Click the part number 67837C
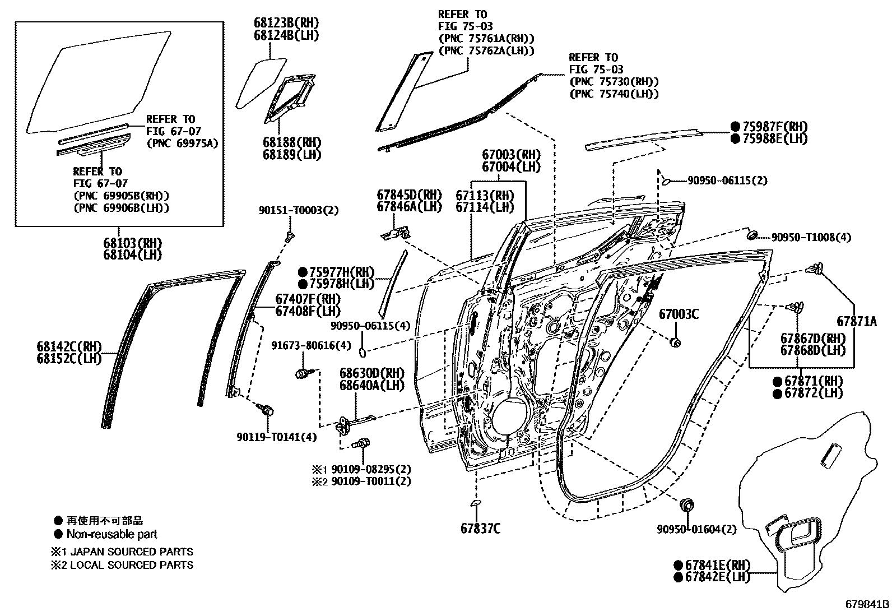(480, 528)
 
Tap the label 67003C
(679, 314)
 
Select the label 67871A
(856, 322)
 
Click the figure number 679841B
(867, 605)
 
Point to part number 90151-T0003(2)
(299, 210)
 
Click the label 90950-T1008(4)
(811, 238)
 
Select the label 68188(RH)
(292, 143)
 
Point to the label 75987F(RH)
(774, 127)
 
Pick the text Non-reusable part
(112, 534)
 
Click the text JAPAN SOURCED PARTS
(131, 552)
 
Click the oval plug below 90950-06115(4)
(362, 353)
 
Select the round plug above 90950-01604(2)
(685, 504)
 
